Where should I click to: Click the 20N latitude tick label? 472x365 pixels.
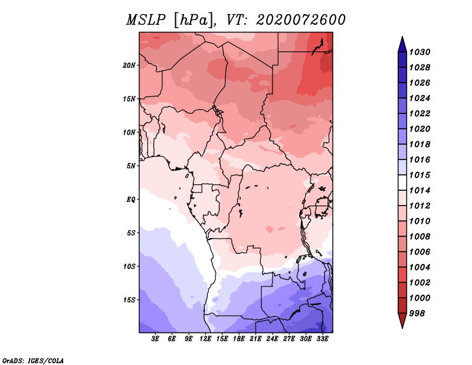click(x=129, y=66)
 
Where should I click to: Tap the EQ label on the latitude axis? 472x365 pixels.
click(x=131, y=200)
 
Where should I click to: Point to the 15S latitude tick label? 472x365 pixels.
click(x=129, y=300)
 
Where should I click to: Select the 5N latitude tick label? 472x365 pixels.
click(x=131, y=166)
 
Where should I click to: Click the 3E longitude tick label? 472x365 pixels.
click(x=155, y=339)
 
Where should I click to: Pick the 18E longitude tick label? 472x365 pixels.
click(x=239, y=339)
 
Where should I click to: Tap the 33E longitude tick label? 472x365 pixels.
click(x=322, y=339)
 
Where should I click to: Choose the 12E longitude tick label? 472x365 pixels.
click(x=205, y=339)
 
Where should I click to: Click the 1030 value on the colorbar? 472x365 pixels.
click(x=419, y=52)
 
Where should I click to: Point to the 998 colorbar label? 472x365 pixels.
click(x=417, y=314)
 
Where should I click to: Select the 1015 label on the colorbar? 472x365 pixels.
click(x=419, y=175)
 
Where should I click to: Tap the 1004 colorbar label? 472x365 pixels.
click(x=419, y=268)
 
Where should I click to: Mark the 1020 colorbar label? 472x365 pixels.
click(x=419, y=129)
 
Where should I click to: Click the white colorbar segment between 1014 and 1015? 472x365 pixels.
click(x=402, y=182)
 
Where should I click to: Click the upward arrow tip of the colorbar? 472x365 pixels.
click(x=402, y=37)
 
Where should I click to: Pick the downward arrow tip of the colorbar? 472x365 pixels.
click(x=402, y=328)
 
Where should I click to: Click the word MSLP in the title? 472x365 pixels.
click(x=146, y=20)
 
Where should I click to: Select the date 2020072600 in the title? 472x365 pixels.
click(x=300, y=20)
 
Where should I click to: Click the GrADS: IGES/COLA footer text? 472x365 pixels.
click(x=33, y=361)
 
